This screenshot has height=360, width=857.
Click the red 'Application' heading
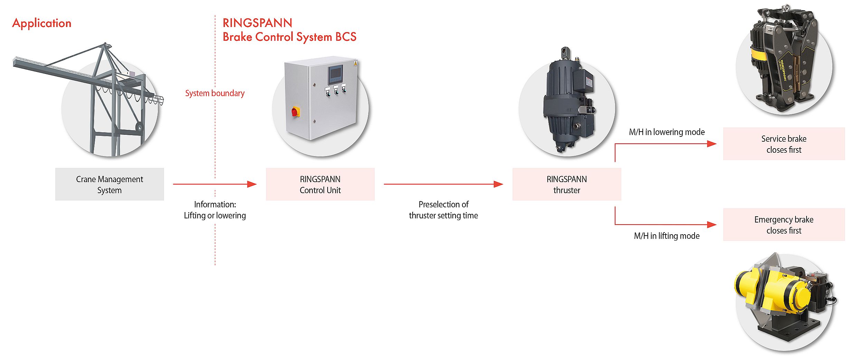click(42, 23)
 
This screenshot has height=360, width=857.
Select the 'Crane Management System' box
click(110, 184)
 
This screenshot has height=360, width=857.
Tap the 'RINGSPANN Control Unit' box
click(320, 184)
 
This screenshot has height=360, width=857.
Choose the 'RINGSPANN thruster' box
click(566, 184)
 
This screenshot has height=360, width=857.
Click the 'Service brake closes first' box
click(783, 144)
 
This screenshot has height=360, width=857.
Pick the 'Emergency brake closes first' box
click(783, 225)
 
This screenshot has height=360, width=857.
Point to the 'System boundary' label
click(215, 93)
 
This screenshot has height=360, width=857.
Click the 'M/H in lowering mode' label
click(667, 132)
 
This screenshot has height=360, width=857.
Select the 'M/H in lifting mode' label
click(667, 236)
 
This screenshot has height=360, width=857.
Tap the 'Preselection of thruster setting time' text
click(443, 210)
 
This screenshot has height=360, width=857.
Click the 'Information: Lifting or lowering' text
click(215, 210)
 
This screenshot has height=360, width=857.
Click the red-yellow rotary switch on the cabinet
click(295, 112)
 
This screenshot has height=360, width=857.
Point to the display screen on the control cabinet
click(335, 74)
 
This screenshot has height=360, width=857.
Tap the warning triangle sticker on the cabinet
click(355, 64)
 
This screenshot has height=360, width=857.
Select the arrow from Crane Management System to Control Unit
click(214, 184)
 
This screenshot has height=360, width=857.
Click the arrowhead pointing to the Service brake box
click(712, 144)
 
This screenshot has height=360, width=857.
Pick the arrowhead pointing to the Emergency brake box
click(712, 225)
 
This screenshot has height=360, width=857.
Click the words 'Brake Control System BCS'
click(289, 37)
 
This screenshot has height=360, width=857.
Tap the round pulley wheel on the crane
click(139, 127)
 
